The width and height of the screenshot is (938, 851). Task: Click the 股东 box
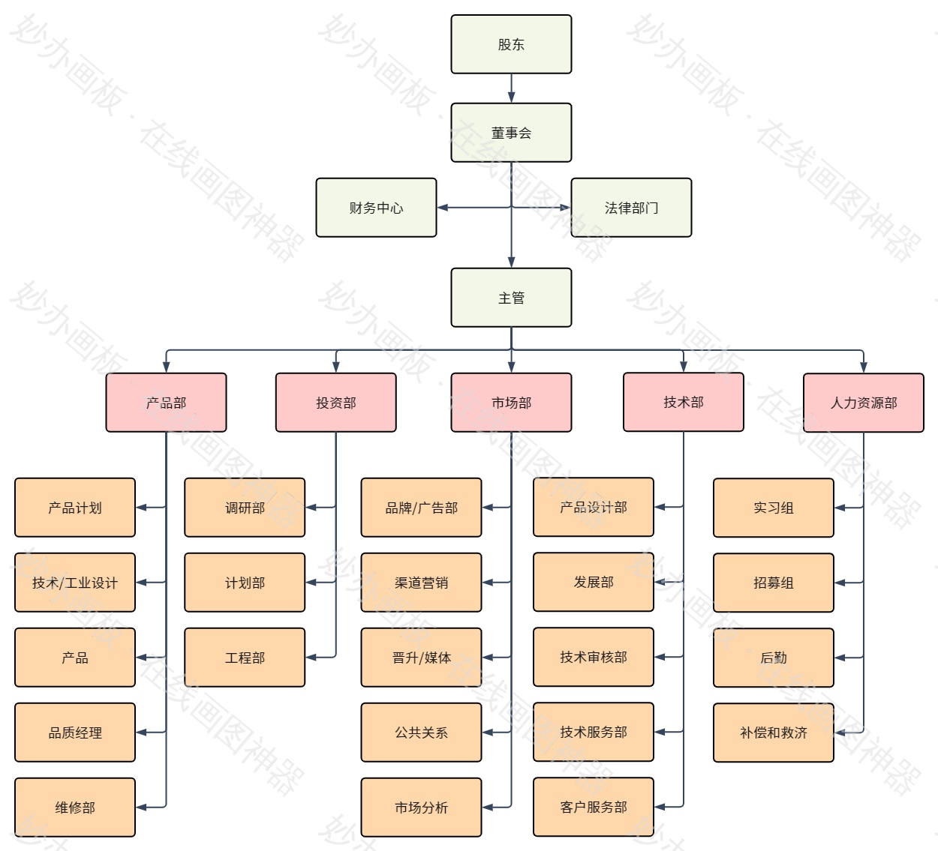coord(511,44)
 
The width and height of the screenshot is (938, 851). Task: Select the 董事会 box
coord(511,133)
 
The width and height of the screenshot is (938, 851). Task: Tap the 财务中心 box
coord(376,208)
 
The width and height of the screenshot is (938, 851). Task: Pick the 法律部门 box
coord(631,208)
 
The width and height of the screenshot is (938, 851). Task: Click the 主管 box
coord(511,298)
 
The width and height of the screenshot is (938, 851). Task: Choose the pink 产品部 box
coord(166,403)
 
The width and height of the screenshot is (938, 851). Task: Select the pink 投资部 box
coord(335,403)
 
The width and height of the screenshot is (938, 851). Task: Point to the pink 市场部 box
coord(511,403)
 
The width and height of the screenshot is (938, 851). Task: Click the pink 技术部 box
coord(684,402)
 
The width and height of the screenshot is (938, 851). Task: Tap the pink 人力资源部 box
coord(863,403)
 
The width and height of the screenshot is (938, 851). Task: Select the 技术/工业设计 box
coord(75,583)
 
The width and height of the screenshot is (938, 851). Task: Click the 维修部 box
coord(75,808)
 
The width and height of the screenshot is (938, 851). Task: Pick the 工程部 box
coord(245,658)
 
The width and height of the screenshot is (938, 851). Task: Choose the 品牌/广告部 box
coord(421,508)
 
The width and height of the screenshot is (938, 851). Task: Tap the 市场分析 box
coord(421,808)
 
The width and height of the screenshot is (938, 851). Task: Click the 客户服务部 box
coord(594,807)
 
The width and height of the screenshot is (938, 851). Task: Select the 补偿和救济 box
coord(773,733)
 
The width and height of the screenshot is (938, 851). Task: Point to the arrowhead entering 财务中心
coord(443,208)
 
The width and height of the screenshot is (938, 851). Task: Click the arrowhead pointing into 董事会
coord(511,97)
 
